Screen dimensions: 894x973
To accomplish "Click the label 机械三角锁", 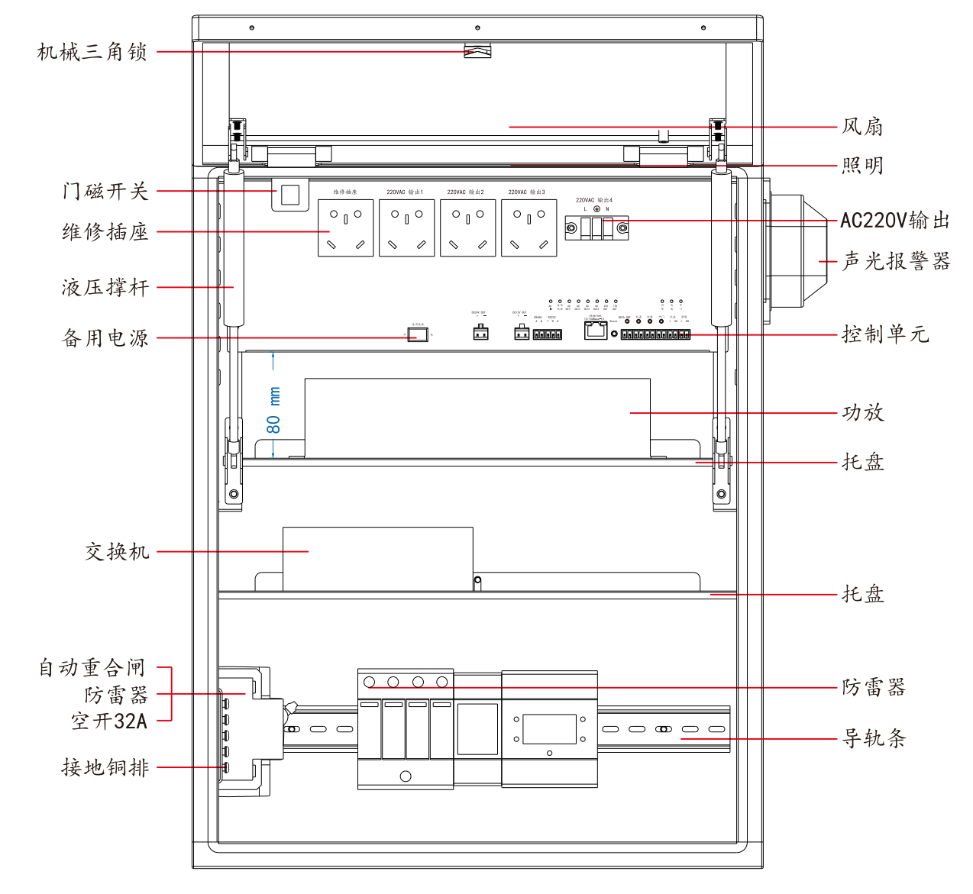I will point(92,52).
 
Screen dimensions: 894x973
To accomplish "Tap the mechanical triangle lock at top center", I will point(477,51).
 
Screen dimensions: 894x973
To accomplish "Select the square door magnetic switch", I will point(290,194).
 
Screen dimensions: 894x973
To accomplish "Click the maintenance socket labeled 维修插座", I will point(346,228).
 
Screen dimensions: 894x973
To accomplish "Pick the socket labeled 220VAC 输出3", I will point(529,228).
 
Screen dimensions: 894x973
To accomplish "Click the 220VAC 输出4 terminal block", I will point(596,228).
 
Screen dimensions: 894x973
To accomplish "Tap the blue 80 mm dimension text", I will point(273,410).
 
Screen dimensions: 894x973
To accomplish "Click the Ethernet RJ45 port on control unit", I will point(596,330).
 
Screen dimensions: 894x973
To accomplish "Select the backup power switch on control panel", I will point(417,334).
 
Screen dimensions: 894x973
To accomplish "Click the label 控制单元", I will point(885,334).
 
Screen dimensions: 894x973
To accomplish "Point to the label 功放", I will point(863,413).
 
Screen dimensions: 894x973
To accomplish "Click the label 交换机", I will point(117,552).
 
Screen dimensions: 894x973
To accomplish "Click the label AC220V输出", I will point(895,221).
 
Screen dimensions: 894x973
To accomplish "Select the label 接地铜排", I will point(105,767).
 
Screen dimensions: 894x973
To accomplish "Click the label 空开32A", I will point(109,721).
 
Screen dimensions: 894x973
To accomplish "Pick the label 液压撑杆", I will point(105,288).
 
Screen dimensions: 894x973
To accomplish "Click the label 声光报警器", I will point(896,262).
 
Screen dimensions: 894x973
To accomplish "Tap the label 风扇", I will point(863,127).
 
